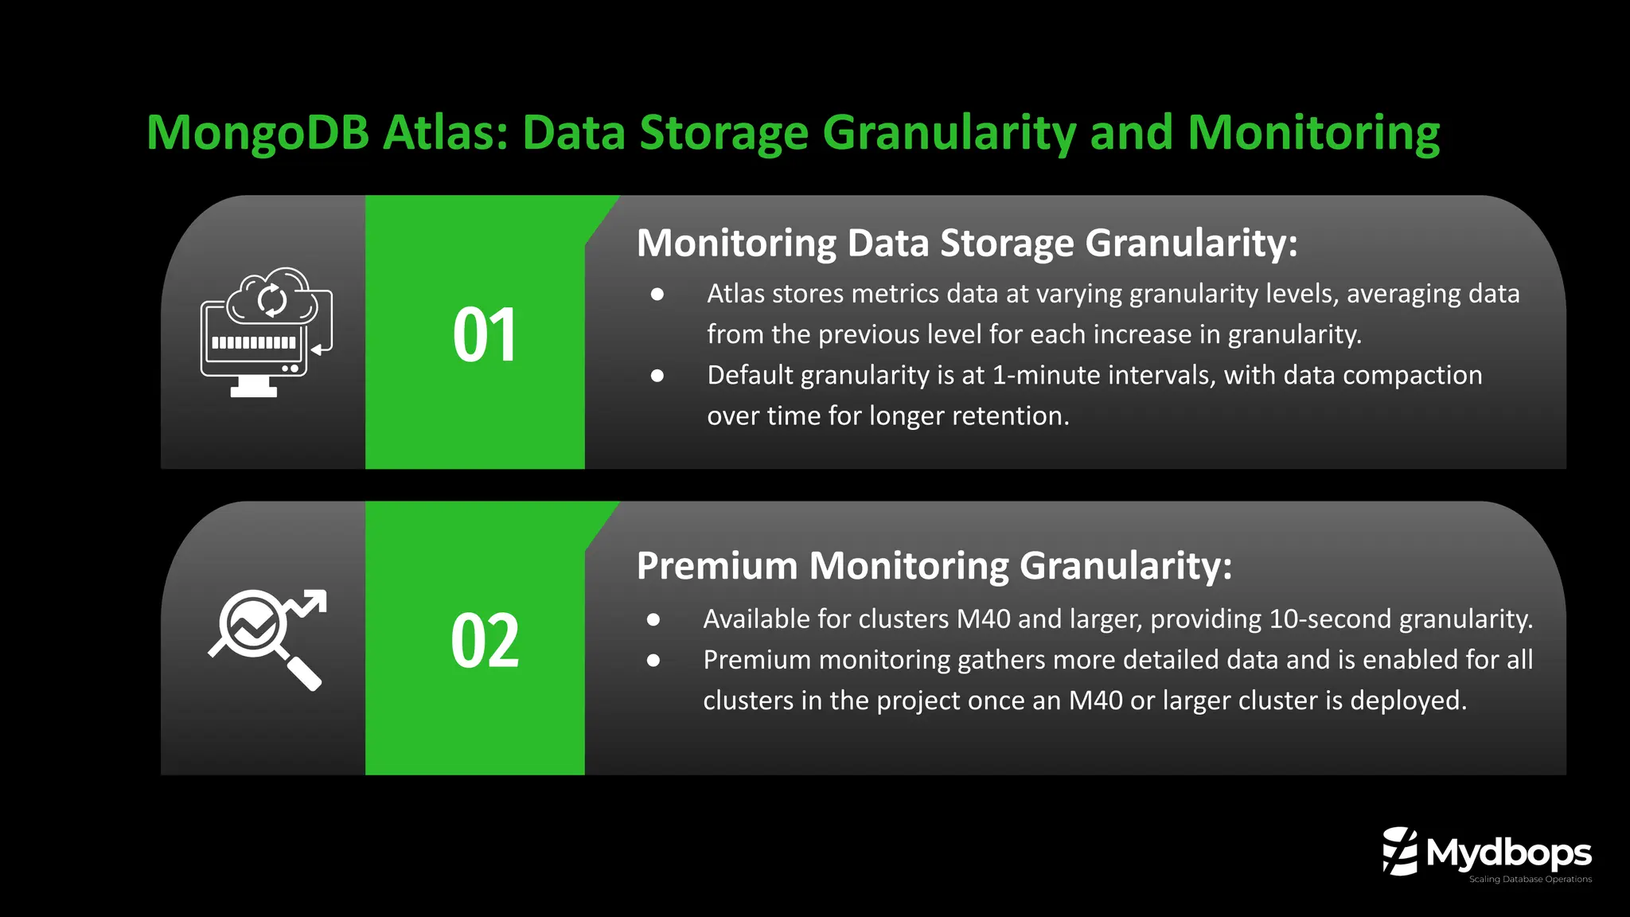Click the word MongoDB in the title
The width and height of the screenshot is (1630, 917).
click(257, 133)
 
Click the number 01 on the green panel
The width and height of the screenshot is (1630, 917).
click(485, 335)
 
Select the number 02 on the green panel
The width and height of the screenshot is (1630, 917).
click(485, 641)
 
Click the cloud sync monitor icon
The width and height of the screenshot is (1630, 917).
click(267, 332)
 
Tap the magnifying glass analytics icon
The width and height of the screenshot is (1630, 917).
click(267, 639)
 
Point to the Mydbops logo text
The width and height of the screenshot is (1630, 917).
click(1508, 853)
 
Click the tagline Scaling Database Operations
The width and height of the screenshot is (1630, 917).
click(1530, 880)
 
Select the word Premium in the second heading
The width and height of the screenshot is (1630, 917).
click(717, 566)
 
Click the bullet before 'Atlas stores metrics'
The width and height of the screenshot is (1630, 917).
click(657, 295)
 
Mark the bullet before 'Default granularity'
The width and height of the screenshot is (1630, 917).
click(657, 376)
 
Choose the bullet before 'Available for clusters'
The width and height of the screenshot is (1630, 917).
click(653, 619)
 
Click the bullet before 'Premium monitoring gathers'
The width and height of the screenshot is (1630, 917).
click(653, 660)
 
